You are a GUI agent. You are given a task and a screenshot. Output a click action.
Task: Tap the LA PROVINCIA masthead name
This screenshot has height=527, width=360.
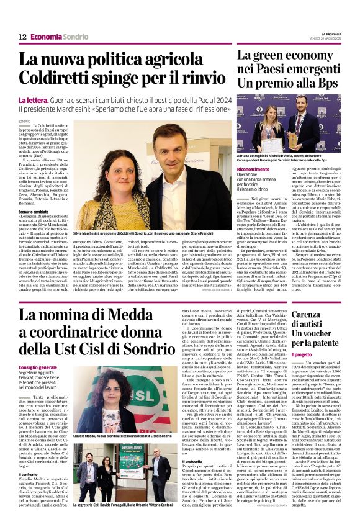click(x=328, y=34)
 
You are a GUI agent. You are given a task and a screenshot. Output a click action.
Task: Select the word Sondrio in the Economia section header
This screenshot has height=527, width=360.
click(x=76, y=37)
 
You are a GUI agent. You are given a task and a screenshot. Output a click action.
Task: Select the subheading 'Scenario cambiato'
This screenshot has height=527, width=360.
click(x=34, y=212)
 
